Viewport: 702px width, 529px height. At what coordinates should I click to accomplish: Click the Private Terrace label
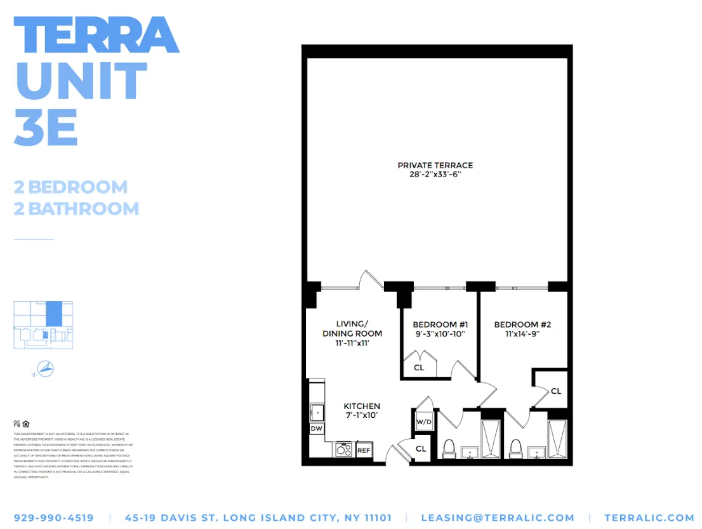[435, 165]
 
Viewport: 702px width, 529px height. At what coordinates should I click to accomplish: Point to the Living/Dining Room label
[352, 328]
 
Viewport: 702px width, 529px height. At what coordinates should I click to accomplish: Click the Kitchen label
[362, 406]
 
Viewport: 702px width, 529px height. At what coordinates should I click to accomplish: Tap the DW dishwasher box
[316, 429]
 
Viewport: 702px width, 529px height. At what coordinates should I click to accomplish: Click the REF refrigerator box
[364, 450]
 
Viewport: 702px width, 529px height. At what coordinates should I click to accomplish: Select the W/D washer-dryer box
[424, 422]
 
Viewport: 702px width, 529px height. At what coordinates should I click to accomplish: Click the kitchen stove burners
[344, 450]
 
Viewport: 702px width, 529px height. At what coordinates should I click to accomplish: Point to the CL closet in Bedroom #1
[419, 368]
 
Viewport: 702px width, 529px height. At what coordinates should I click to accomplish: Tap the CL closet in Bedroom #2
[555, 391]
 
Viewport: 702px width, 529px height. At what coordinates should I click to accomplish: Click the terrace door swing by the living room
[369, 280]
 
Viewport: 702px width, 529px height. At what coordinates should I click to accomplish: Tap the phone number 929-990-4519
[53, 518]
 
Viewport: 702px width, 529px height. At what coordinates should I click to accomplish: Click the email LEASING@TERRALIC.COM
[498, 518]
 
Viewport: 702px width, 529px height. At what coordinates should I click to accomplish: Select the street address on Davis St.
[258, 518]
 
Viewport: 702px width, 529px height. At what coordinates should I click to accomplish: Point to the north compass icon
[44, 368]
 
